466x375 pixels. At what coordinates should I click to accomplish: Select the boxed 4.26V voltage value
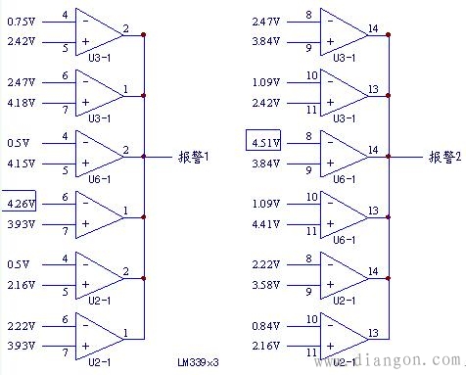(20, 205)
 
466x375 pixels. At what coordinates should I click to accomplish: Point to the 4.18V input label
(20, 102)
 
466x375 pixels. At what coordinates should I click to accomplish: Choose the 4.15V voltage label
(20, 164)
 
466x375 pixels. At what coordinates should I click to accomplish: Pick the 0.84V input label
(267, 327)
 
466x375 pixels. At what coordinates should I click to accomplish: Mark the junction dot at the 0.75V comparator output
(144, 34)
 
